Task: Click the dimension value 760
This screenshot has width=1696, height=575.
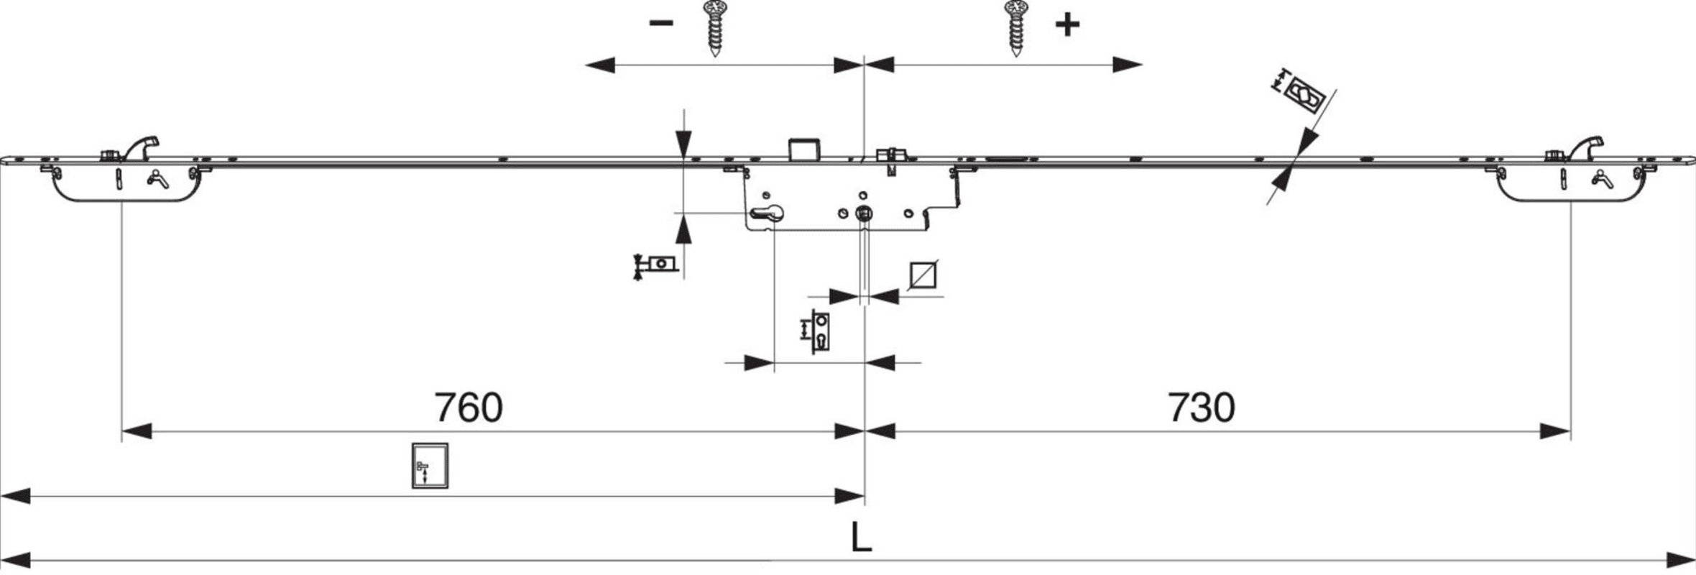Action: [469, 408]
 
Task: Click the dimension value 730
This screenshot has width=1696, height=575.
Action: [1201, 408]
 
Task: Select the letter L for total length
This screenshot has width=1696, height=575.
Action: [861, 538]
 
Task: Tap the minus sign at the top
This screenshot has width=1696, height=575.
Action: [660, 24]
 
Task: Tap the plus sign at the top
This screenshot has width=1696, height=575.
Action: [1067, 25]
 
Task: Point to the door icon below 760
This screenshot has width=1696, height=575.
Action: [430, 466]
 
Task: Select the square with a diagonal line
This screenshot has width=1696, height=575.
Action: [923, 275]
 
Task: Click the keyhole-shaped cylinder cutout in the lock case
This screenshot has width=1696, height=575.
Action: [767, 213]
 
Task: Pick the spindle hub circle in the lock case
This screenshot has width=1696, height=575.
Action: [864, 213]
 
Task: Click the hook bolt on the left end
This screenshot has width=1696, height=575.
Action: [142, 147]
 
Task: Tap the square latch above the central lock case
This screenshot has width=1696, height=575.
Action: [804, 149]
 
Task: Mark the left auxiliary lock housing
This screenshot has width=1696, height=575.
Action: [126, 183]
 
